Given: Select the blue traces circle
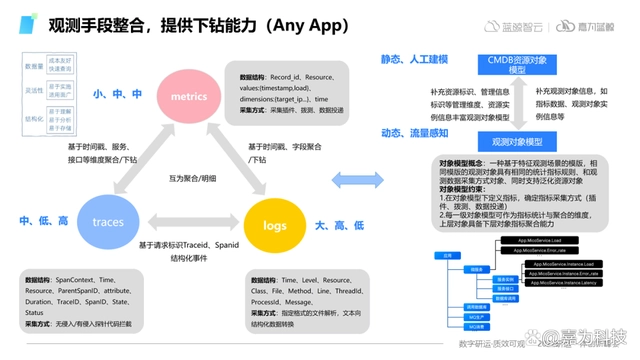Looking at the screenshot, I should pyautogui.click(x=108, y=220).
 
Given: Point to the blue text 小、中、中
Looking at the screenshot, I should pyautogui.click(x=118, y=94).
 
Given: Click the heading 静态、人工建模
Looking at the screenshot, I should pyautogui.click(x=414, y=61).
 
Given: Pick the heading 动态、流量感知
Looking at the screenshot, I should pyautogui.click(x=414, y=133).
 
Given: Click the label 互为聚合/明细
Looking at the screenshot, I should pyautogui.click(x=187, y=177).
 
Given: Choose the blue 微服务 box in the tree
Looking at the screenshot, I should pyautogui.click(x=477, y=269).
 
